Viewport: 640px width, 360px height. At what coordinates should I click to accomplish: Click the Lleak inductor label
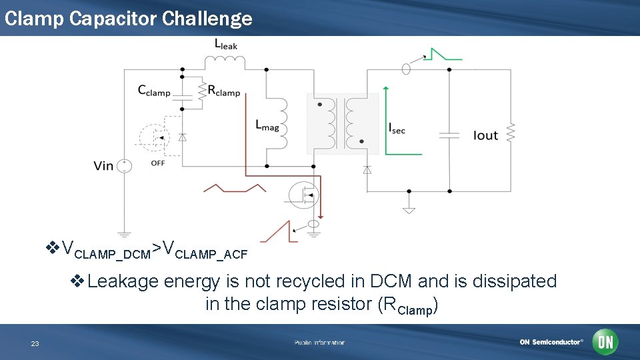tap(225, 45)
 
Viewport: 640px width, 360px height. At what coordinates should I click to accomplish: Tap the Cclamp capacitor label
tap(154, 92)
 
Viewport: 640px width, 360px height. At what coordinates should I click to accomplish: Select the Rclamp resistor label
tap(223, 91)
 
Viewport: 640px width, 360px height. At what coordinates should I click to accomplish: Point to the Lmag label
tap(267, 125)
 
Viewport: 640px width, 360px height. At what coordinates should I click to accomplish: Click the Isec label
tap(397, 129)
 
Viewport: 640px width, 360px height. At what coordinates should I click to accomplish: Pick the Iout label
tap(485, 135)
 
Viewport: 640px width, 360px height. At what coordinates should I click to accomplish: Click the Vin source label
tap(103, 165)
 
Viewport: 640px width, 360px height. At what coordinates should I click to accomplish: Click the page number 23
tap(35, 343)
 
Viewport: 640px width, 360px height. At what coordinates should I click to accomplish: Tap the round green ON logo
tap(605, 342)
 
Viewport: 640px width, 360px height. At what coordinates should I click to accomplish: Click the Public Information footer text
tap(319, 343)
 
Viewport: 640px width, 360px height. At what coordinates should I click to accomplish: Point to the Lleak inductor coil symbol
tap(225, 61)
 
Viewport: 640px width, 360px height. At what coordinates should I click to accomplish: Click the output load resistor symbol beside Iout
tap(511, 132)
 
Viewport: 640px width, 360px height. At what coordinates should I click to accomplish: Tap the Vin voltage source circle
tap(124, 165)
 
